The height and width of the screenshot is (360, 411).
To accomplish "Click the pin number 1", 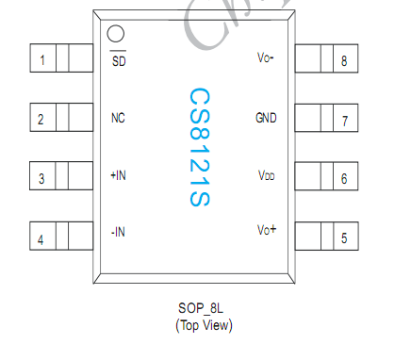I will [x=41, y=61].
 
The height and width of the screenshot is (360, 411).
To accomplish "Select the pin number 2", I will [x=41, y=120].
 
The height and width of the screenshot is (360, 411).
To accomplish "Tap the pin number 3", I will [x=41, y=178].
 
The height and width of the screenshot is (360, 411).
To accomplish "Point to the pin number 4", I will [x=41, y=238].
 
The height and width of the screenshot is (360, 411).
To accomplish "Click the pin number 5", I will [x=344, y=238].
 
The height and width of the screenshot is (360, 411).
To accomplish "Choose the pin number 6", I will [x=344, y=178].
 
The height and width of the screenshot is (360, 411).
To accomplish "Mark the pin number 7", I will [x=344, y=121].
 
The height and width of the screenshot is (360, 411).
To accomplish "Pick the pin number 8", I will [x=344, y=61].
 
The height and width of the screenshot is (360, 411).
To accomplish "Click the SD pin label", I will [x=118, y=62].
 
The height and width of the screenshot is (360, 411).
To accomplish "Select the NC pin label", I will [x=118, y=119].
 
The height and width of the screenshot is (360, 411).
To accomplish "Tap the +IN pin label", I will [x=118, y=176].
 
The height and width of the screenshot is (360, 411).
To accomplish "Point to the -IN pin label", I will [x=118, y=232].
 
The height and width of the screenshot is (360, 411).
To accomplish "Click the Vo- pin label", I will [x=266, y=58].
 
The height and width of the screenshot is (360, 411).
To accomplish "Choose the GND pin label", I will [x=266, y=119].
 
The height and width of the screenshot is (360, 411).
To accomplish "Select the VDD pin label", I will [x=267, y=176].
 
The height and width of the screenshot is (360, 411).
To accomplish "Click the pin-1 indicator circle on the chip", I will [x=116, y=35].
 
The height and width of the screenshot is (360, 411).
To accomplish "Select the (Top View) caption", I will [x=204, y=325].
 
